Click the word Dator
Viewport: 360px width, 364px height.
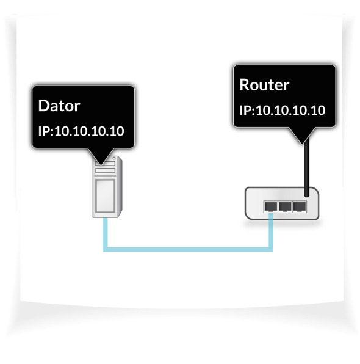[x=59, y=105]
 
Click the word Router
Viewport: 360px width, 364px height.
[x=264, y=84]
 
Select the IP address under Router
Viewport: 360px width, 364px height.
[x=281, y=111]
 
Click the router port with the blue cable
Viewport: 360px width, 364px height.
[x=270, y=206]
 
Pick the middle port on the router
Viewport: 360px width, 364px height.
[x=284, y=206]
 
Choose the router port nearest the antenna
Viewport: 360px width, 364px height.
[x=299, y=206]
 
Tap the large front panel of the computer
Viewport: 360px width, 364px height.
[x=104, y=195]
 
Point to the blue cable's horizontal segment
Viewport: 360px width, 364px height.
[x=189, y=249]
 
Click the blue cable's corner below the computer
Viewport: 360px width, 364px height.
[x=106, y=248]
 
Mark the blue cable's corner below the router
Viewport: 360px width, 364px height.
[x=271, y=248]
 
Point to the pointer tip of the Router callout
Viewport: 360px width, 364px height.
[x=300, y=142]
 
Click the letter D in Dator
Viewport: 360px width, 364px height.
[x=43, y=105]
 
